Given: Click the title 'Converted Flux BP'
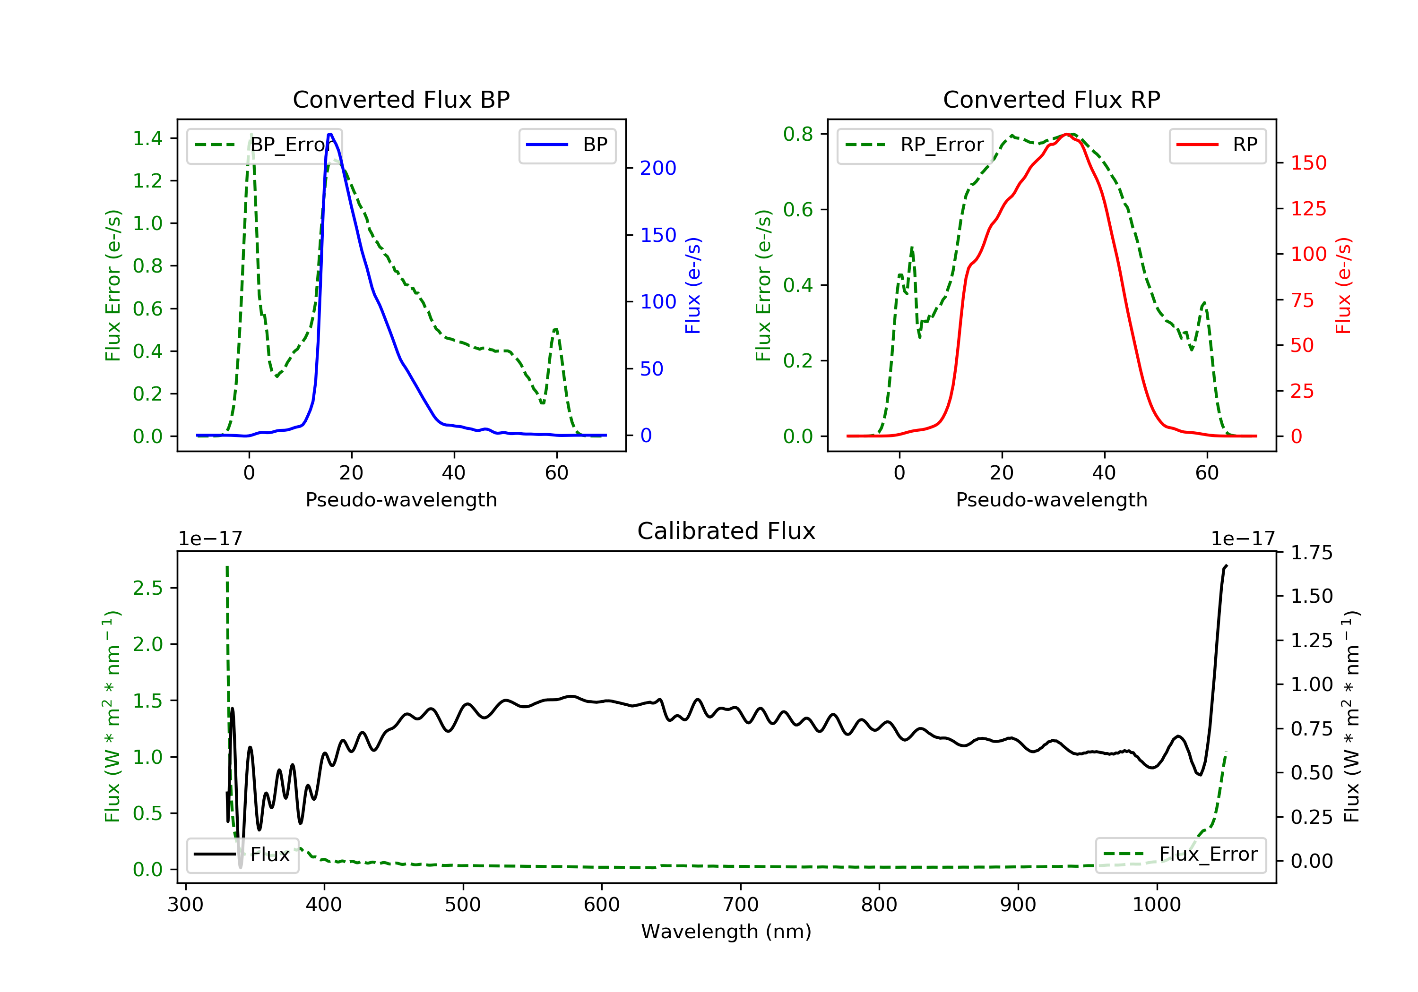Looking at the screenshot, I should [401, 99].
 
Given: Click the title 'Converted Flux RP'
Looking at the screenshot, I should [1051, 99].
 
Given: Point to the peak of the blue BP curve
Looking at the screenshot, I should [330, 134].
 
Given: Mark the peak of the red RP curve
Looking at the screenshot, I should [1067, 134].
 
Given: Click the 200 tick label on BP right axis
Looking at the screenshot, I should [658, 168].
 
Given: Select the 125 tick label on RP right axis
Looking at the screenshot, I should [1308, 209].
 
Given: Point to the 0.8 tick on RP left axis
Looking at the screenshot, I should [798, 134].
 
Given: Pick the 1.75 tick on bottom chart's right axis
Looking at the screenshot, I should [1311, 553].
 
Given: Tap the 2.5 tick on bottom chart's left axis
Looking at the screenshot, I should [147, 588].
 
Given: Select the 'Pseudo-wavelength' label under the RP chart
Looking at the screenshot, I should [1051, 499].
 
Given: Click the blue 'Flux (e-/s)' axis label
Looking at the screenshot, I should [693, 285].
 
